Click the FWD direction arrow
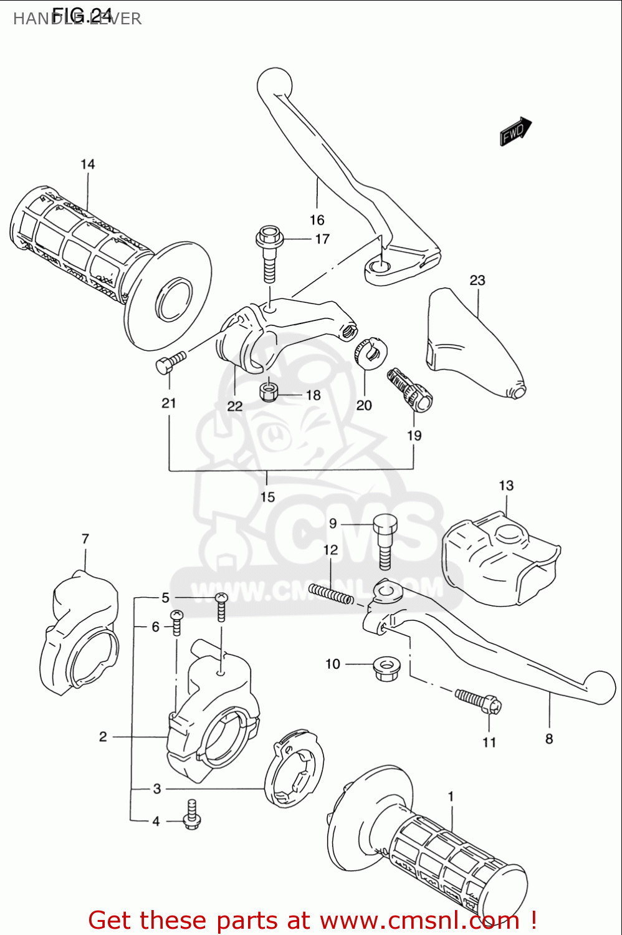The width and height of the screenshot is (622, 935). click(515, 131)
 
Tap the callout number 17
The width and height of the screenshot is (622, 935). click(322, 239)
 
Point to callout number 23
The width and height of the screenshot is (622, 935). click(477, 280)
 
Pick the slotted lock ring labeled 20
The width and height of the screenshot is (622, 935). click(371, 353)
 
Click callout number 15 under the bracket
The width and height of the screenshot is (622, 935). click(267, 497)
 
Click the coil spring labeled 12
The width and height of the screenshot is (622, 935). click(331, 594)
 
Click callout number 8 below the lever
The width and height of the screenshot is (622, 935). click(549, 739)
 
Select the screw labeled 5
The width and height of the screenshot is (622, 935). click(221, 607)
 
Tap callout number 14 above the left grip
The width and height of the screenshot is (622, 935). click(87, 164)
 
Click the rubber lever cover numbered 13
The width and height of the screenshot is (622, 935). click(499, 558)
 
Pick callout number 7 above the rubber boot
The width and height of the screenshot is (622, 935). click(85, 539)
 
